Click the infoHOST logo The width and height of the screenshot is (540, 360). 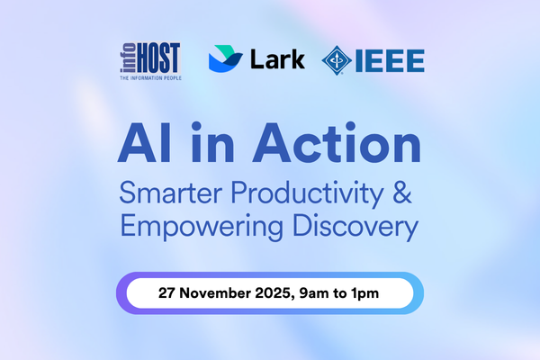click(x=148, y=60)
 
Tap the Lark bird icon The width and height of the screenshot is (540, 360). click(x=225, y=59)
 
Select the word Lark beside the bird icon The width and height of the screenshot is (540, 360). click(x=276, y=59)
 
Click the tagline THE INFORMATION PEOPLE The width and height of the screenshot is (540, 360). click(x=148, y=79)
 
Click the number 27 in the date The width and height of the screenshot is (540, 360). click(x=168, y=293)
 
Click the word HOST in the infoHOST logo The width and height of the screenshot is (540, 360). click(x=161, y=59)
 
